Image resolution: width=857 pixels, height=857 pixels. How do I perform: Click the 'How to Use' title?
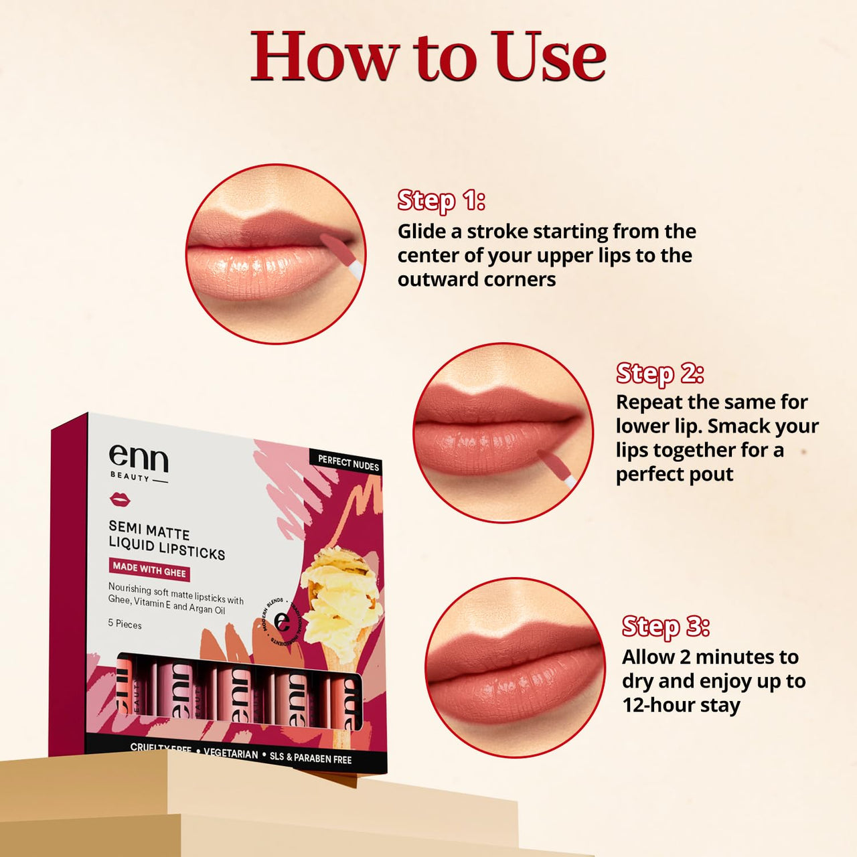point(428,58)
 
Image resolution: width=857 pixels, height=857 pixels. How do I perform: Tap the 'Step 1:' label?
point(441,200)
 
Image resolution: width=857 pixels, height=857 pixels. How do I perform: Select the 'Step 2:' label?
point(659,373)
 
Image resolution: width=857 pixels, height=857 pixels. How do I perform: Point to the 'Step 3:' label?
point(666,627)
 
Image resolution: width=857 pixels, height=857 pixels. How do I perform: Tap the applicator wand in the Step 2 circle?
point(558,467)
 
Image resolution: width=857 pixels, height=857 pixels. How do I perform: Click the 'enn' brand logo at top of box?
point(138,460)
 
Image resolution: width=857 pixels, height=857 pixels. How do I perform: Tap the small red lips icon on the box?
point(120,499)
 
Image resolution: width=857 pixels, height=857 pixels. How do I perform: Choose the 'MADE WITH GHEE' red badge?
point(149,570)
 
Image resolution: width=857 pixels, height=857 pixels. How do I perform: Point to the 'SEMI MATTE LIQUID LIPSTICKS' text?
point(166,540)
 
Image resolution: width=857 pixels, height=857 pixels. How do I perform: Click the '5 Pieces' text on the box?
point(125,624)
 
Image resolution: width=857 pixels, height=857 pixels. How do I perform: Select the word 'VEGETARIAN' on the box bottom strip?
point(231,753)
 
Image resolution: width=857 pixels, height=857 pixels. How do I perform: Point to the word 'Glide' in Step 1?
point(422,232)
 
